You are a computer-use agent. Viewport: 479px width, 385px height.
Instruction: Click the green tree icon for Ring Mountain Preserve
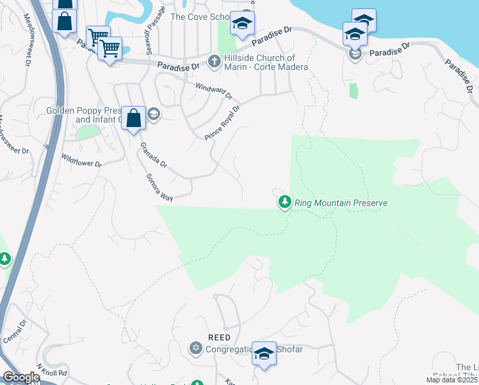(x=285, y=203)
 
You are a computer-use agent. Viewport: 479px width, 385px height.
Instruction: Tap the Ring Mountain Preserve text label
(x=341, y=203)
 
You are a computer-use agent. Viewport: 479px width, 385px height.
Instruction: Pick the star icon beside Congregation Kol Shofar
(x=195, y=348)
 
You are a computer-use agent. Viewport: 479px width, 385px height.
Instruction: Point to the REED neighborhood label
(x=219, y=338)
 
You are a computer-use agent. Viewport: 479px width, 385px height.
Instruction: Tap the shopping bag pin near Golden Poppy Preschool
(x=133, y=119)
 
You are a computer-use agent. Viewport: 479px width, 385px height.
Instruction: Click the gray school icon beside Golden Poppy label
(x=153, y=115)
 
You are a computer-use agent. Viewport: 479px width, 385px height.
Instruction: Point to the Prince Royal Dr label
(x=222, y=123)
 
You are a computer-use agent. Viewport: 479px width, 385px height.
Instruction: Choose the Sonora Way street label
(x=159, y=188)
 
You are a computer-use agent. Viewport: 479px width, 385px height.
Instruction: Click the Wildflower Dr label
(x=81, y=160)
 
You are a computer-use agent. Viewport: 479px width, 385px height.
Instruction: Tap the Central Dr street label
(x=15, y=333)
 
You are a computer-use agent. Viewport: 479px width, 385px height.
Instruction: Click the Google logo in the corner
(x=21, y=377)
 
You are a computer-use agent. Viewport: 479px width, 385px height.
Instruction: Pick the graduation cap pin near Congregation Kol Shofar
(x=264, y=354)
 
